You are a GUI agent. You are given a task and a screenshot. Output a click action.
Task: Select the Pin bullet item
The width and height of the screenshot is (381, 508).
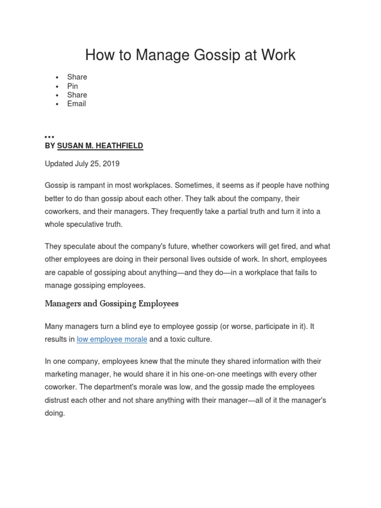pos(72,86)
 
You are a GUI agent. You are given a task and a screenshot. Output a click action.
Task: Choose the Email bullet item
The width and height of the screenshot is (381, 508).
pos(76,104)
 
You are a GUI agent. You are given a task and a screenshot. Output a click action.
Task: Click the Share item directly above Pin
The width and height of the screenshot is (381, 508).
pos(77,77)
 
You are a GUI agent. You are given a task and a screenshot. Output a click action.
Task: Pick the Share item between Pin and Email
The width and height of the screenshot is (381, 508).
pos(77,95)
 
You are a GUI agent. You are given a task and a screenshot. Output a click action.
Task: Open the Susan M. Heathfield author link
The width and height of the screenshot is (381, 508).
pos(100,146)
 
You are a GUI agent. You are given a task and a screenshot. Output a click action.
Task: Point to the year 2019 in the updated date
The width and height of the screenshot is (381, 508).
pos(110,164)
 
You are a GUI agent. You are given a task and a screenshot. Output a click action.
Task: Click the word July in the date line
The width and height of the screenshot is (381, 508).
pos(83,164)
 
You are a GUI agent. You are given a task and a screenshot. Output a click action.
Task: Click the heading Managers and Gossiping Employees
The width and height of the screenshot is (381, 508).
pos(112,304)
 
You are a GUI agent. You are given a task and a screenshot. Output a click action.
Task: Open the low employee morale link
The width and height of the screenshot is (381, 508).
pos(112,339)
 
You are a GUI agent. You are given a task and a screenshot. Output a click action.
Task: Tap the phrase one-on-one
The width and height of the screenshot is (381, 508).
pos(200,374)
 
